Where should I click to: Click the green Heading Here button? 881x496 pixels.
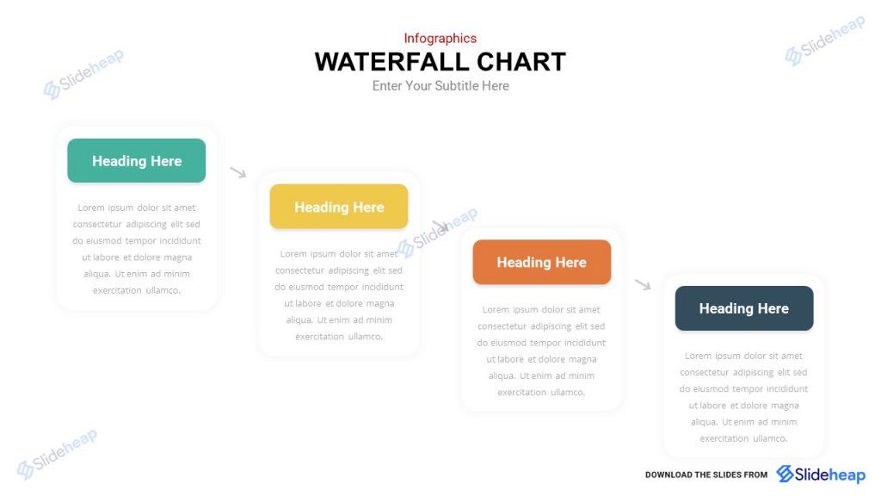(x=137, y=161)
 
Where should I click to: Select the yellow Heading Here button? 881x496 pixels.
(x=339, y=207)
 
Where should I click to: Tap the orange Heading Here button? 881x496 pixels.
(x=541, y=262)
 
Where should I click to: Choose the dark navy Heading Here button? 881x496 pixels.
(x=743, y=308)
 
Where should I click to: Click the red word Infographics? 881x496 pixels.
(x=440, y=38)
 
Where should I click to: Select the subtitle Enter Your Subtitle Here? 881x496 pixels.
(x=440, y=86)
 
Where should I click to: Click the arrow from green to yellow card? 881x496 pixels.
(x=238, y=172)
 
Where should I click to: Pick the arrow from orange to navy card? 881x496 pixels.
(x=643, y=285)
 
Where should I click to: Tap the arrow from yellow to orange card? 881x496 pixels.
(x=440, y=226)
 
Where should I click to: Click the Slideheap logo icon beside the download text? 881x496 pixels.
(x=786, y=474)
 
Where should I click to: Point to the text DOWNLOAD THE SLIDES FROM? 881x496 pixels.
(x=706, y=474)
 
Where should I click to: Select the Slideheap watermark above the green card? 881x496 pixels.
(x=83, y=73)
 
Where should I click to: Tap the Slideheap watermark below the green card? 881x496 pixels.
(x=57, y=453)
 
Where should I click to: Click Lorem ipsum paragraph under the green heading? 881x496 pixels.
(x=137, y=249)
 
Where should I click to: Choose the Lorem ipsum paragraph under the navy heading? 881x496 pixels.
(x=743, y=397)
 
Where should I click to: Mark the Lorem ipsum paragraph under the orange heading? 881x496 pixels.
(x=541, y=350)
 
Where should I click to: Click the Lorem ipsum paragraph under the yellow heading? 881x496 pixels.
(x=339, y=295)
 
